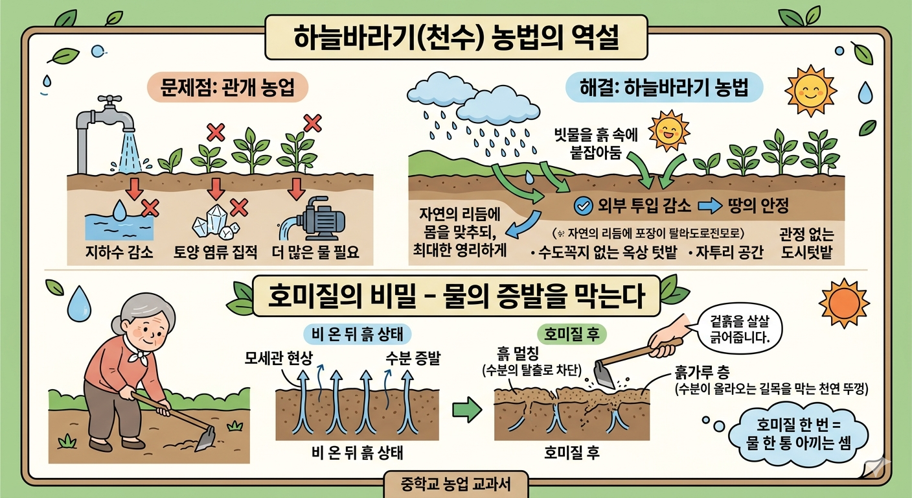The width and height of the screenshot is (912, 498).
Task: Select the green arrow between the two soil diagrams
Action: [467, 409]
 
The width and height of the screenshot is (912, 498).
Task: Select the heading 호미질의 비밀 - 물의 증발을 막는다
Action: [457, 297]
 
